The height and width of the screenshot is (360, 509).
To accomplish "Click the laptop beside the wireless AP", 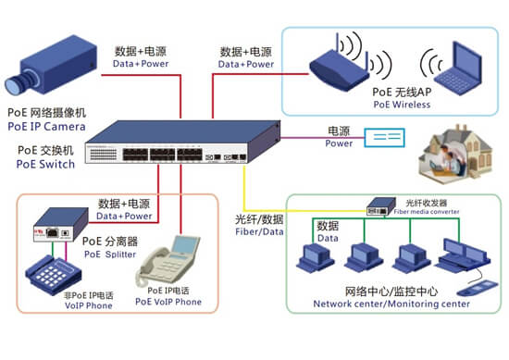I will point(454,68).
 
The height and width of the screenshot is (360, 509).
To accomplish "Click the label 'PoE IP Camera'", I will point(46,126).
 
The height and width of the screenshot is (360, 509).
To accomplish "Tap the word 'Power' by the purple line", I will point(339,143).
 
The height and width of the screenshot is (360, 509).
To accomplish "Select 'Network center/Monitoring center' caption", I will point(391,304).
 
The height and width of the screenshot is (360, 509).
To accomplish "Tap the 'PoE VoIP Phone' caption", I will point(168,301).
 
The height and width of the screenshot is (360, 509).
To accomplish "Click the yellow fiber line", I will point(243,199).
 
